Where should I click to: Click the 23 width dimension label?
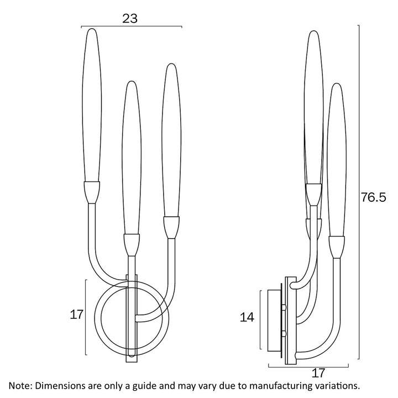[x=130, y=18]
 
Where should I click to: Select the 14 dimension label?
[x=247, y=317]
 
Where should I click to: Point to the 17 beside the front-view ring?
[x=77, y=315]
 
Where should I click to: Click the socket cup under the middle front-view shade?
[x=130, y=244]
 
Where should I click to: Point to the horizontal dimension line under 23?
[x=131, y=27]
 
